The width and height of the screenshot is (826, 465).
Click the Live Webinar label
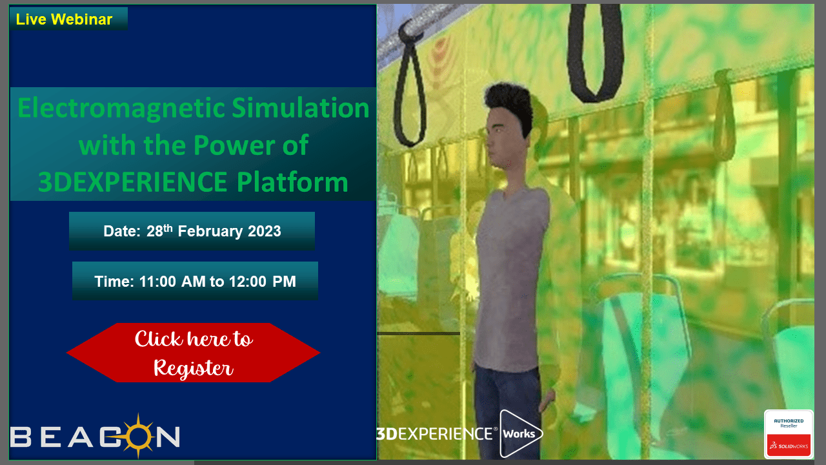click(64, 19)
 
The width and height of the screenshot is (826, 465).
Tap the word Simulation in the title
click(301, 107)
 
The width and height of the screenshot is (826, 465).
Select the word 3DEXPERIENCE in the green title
click(132, 182)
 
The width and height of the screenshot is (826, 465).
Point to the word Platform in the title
click(292, 181)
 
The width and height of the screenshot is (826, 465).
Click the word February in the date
click(210, 231)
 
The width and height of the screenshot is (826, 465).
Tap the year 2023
click(265, 231)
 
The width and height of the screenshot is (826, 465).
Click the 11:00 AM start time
click(172, 282)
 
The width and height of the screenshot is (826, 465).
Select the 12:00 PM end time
click(263, 282)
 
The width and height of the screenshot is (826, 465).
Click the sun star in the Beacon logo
click(138, 436)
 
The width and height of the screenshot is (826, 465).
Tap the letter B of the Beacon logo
click(21, 437)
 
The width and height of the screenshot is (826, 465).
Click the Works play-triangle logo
click(520, 433)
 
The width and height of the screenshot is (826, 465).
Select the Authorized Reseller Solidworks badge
click(789, 434)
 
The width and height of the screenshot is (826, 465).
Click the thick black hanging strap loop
click(594, 52)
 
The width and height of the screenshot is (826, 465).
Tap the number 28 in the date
click(155, 231)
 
